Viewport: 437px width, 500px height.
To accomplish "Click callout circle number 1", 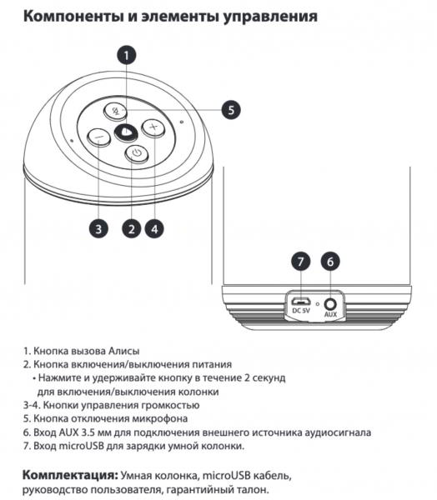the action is [126, 55].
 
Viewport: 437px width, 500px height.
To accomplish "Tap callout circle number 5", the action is [231, 110].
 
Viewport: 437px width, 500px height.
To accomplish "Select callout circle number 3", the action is [98, 228].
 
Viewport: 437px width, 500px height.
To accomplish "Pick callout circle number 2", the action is [131, 228].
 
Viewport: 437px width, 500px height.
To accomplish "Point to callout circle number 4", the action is [154, 228].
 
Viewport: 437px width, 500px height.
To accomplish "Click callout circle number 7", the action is [301, 262].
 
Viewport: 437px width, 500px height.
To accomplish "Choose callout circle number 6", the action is [330, 262].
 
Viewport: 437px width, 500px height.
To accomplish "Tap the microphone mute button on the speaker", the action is [116, 111].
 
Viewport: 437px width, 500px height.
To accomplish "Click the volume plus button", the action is [153, 127].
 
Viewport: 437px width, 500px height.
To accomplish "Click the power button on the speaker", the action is [137, 153].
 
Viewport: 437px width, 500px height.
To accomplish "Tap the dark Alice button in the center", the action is [126, 132].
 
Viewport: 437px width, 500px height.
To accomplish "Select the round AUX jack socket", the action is [330, 304].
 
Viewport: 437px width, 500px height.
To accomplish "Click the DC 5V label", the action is [301, 310].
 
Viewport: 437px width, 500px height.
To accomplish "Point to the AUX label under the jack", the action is [330, 314].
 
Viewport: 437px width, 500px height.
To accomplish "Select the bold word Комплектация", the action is [70, 475].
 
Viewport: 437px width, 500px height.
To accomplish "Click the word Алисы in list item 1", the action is [124, 351].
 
